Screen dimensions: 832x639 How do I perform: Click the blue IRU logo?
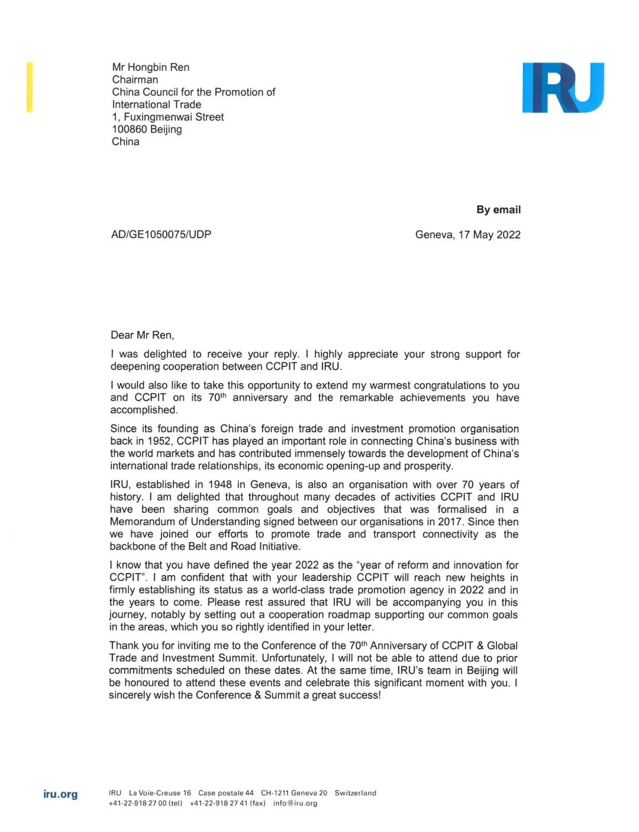(x=563, y=88)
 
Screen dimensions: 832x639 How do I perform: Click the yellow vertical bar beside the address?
(x=30, y=86)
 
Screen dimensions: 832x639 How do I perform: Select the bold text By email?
(x=498, y=210)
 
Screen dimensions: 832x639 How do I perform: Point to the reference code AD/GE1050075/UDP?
(x=161, y=234)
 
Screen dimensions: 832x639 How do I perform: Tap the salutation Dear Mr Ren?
(x=142, y=335)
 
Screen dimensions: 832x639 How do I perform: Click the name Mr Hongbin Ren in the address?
(x=151, y=67)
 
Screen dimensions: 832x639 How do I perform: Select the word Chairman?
(x=135, y=79)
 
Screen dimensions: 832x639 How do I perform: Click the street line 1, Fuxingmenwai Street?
(x=168, y=117)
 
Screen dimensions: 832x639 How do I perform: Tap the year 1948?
(x=220, y=484)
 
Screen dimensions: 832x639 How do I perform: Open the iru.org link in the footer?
(x=60, y=794)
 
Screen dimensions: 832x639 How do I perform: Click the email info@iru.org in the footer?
(x=295, y=804)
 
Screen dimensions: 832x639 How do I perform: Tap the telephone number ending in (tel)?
(x=146, y=804)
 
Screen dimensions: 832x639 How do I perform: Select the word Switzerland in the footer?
(x=355, y=793)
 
